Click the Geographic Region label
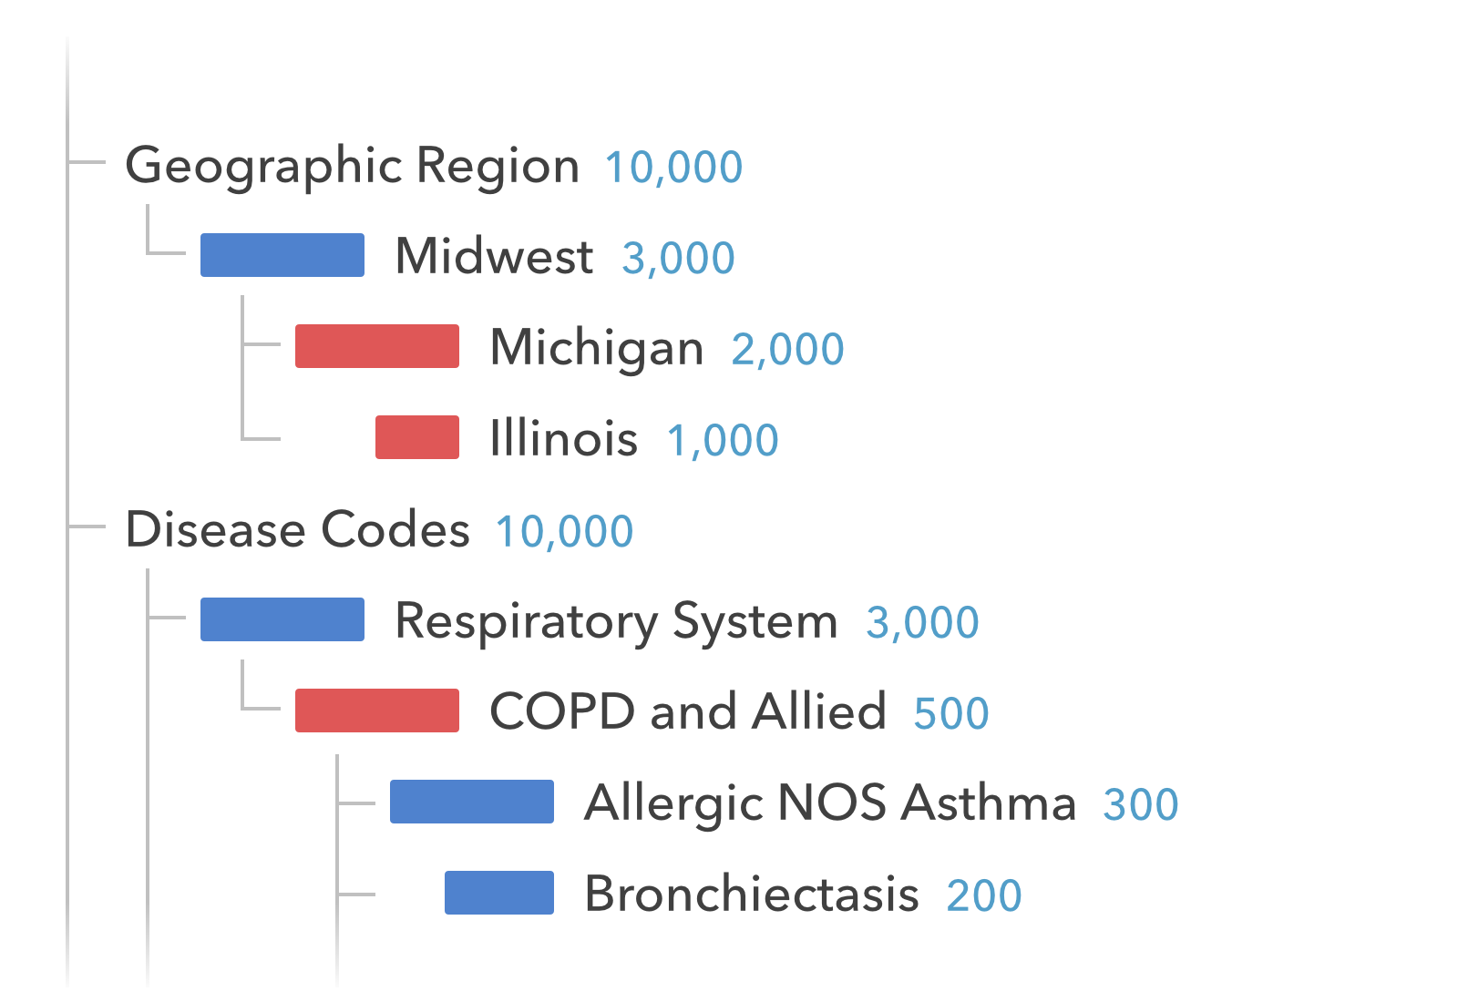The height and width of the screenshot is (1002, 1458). coord(352,166)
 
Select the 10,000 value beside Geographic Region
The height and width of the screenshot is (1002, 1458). coord(673,168)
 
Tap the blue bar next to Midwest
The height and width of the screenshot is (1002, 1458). coord(282,255)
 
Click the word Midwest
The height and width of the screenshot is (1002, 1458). coord(494,256)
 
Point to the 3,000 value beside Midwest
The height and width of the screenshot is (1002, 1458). coord(678,258)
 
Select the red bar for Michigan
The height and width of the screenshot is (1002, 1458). coord(377,346)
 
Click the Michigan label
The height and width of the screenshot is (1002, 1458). coord(596,348)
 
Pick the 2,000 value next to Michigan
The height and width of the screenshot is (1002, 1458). coord(787,349)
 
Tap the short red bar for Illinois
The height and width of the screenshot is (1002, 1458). coord(417,437)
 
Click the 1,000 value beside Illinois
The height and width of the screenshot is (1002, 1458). coord(723,441)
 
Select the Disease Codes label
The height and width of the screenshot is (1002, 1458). coord(297,529)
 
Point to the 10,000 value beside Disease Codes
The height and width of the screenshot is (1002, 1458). coord(564,532)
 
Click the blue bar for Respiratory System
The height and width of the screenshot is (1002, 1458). coord(282,619)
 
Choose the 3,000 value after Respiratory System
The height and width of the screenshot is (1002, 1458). coord(922,623)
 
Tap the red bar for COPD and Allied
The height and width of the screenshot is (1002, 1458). coord(377,711)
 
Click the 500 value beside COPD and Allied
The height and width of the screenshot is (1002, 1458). coord(951,713)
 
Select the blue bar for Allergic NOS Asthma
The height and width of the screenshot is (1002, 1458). coord(472,802)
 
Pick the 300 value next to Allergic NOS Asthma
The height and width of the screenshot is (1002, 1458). coord(1141,804)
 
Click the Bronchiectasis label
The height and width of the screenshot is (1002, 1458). coord(751,894)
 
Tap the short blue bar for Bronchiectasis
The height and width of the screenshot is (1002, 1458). coord(499,893)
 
